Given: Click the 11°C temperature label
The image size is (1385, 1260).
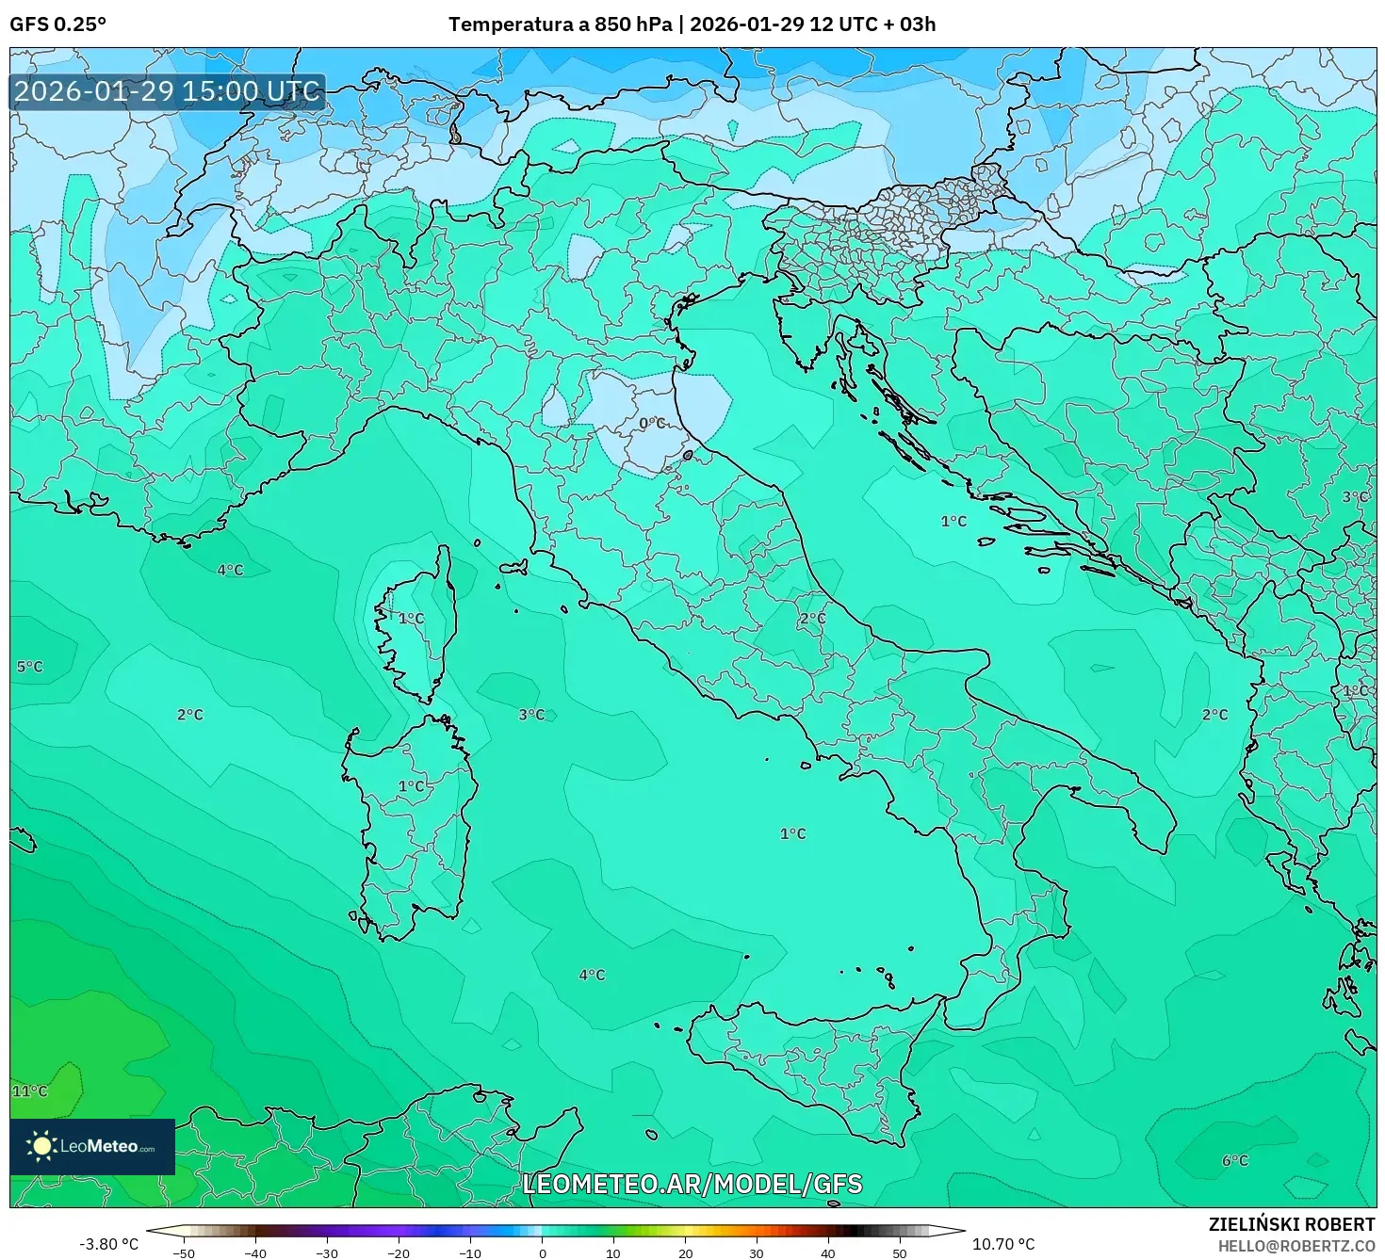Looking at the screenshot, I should tap(29, 1091).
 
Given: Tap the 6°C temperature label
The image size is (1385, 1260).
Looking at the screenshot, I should tap(1234, 1160).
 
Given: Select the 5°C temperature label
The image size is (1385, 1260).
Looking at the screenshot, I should tap(29, 667).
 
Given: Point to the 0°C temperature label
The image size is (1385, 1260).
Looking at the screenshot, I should tap(652, 424).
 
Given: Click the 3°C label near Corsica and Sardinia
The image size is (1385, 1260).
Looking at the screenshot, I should tap(531, 715).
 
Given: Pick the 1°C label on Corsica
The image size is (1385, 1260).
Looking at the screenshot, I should tap(411, 619).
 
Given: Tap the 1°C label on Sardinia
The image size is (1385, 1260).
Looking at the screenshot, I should tap(412, 786).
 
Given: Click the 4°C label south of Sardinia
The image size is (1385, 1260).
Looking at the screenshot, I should tap(592, 975).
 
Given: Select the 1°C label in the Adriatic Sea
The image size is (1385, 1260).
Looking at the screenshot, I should tap(953, 521).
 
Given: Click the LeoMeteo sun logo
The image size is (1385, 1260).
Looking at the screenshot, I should tap(41, 1146).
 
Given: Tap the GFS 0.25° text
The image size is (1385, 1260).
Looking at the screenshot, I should tap(57, 24).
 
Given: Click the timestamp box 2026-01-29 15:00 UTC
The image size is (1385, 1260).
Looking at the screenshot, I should tap(167, 91).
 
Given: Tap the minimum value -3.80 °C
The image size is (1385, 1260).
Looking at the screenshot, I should tap(107, 1244).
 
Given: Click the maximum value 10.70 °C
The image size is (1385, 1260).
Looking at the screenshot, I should tap(1003, 1244).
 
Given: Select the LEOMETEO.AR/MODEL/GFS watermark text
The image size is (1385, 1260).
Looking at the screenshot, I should tap(692, 1184).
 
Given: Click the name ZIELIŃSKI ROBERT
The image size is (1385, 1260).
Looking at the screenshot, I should tap(1292, 1224).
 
